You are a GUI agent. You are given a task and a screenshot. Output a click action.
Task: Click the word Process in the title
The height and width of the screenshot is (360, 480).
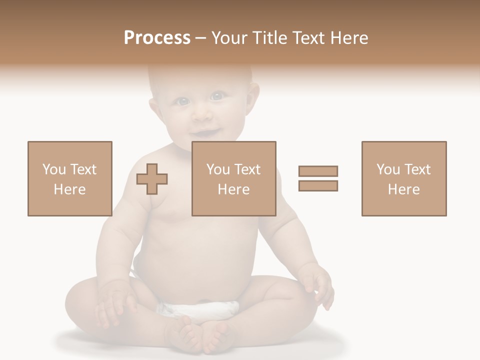tap(157, 38)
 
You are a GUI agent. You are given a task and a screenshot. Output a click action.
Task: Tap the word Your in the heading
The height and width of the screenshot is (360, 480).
tap(228, 38)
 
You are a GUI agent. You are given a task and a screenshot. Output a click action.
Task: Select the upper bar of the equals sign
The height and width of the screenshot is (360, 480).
tap(318, 171)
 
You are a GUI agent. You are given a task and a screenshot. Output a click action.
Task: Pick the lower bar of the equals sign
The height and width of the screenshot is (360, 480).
tap(318, 186)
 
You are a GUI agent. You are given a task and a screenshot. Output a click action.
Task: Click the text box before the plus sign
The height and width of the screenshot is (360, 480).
tap(70, 178)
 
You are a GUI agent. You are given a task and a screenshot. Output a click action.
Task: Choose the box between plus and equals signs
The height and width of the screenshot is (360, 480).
tap(234, 178)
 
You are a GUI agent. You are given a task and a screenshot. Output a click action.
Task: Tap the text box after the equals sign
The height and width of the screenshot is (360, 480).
tap(404, 178)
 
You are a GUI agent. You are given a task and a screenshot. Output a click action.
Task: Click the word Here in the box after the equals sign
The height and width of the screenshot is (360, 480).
tap(403, 189)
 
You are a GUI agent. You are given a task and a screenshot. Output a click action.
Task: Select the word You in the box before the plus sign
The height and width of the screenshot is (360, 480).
tap(53, 169)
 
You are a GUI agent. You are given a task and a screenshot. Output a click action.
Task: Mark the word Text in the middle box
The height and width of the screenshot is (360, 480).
tap(247, 169)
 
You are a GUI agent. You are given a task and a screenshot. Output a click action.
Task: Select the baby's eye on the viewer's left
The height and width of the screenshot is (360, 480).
tap(183, 101)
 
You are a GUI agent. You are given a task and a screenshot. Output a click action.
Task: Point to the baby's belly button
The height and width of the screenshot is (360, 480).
tap(202, 301)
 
